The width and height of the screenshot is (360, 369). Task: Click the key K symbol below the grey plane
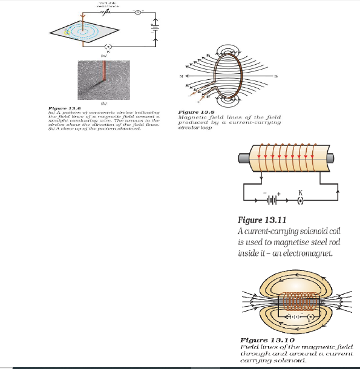point(108,47)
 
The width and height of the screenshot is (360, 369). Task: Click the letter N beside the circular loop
point(179,76)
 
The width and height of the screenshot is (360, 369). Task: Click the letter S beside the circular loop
point(276,76)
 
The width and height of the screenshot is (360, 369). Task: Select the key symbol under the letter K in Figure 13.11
point(300,199)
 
